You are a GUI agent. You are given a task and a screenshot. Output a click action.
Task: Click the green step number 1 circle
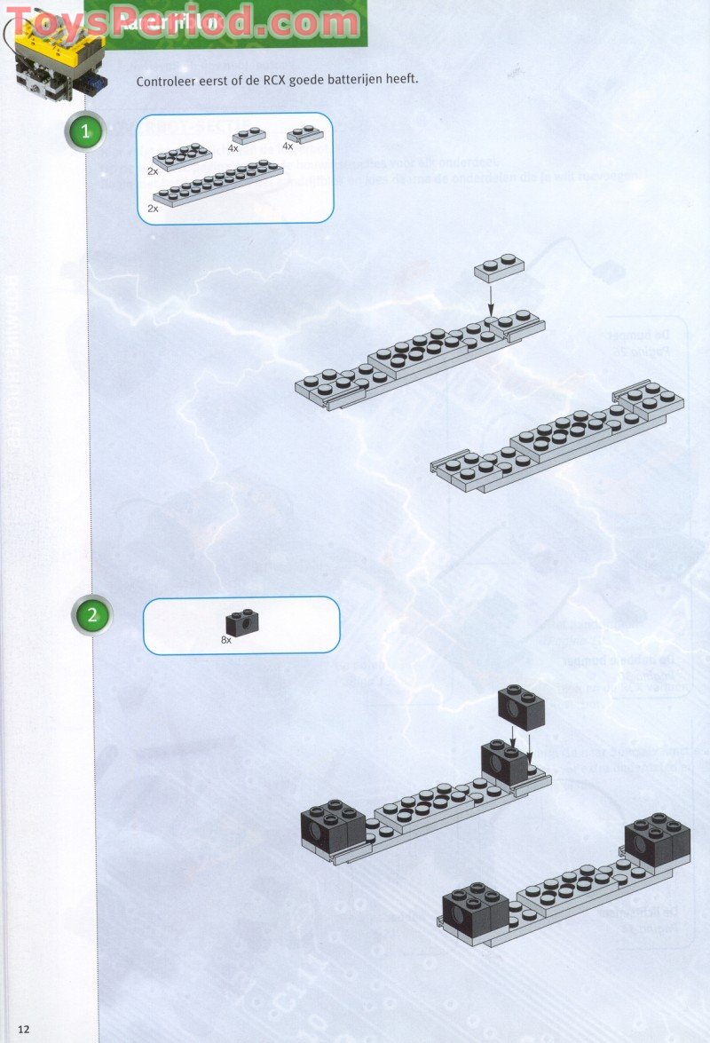click(x=85, y=133)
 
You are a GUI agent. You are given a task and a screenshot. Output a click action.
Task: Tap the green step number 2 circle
click(x=92, y=614)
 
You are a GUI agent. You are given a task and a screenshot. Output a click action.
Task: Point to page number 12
click(x=23, y=1029)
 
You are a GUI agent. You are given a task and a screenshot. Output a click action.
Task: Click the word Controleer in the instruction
click(x=167, y=81)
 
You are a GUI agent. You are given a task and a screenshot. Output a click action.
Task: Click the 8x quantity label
click(x=226, y=639)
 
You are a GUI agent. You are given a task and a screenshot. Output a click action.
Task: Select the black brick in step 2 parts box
click(x=237, y=622)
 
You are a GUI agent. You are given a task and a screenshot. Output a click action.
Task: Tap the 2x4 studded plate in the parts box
click(x=182, y=156)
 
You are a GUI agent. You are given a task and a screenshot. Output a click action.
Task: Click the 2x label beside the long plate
click(x=153, y=208)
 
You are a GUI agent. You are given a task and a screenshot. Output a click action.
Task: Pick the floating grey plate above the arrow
click(x=497, y=267)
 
